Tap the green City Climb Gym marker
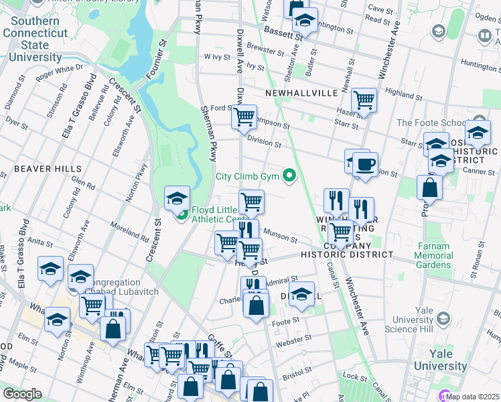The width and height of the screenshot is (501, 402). tap(289, 177)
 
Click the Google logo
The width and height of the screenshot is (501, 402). tap(21, 394)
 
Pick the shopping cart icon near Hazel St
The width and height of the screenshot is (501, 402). tap(364, 100)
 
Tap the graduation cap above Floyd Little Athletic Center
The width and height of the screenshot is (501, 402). tap(177, 198)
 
